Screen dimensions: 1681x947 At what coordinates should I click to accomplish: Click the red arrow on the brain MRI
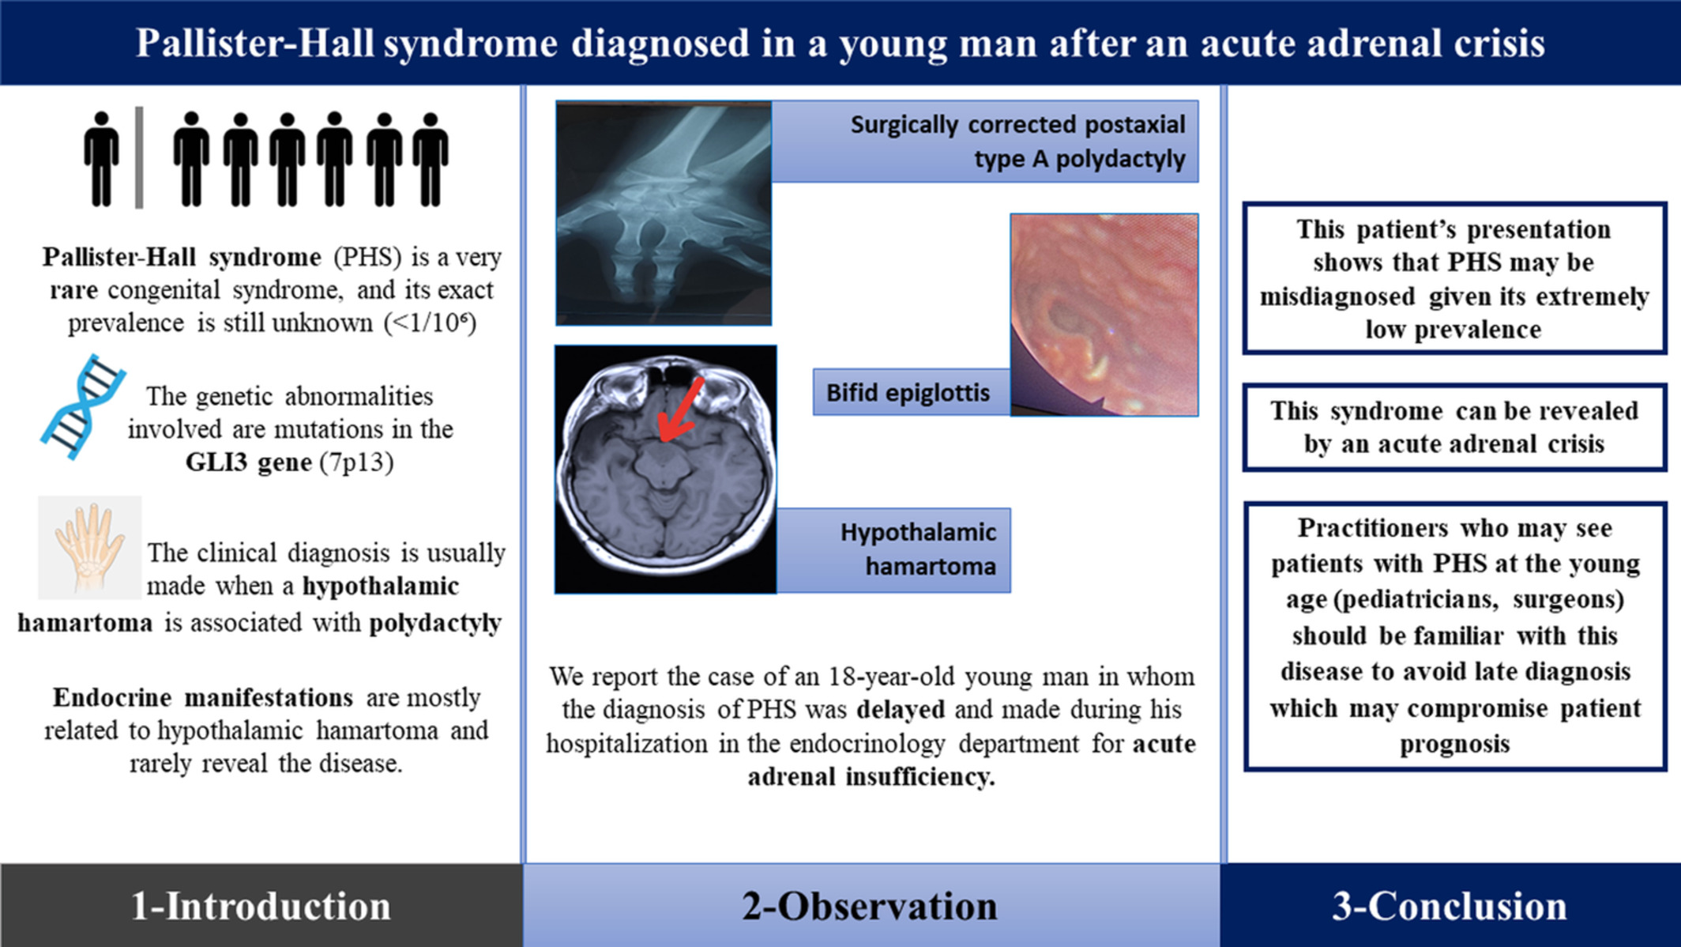pos(681,409)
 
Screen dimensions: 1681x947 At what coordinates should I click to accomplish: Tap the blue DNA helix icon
pos(83,406)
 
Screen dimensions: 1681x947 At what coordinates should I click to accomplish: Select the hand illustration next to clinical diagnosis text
pos(90,548)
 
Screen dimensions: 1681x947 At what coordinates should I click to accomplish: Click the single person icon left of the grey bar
pos(101,159)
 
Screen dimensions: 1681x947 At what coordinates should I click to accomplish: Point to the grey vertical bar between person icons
pos(139,157)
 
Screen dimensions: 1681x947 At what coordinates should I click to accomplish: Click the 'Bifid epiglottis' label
pos(908,393)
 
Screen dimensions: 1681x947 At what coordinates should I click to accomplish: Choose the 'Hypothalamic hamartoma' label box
pos(893,550)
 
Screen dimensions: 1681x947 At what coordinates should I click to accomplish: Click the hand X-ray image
pos(664,213)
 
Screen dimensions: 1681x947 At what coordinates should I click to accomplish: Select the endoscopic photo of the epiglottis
pos(1104,315)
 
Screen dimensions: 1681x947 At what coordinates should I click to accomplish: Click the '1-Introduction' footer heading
pos(261,906)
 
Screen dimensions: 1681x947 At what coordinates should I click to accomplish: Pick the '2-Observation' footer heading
pos(870,906)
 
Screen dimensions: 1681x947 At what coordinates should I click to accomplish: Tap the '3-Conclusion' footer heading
pos(1450,906)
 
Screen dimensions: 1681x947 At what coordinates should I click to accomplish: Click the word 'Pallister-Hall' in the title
pos(255,43)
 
